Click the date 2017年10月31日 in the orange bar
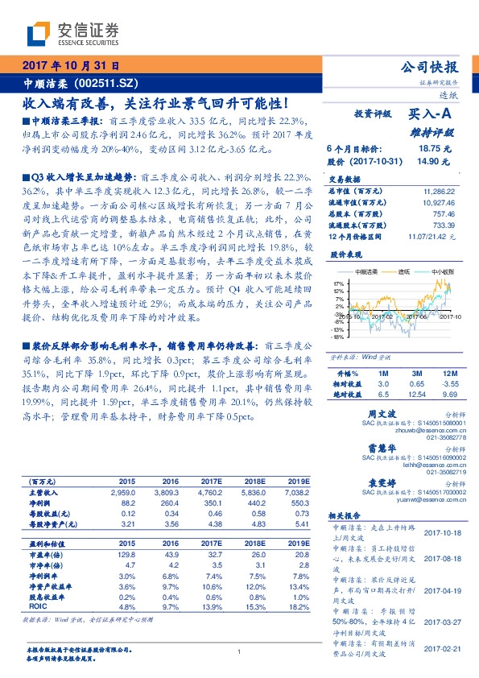tap(71, 66)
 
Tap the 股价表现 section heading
tap(344, 254)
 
